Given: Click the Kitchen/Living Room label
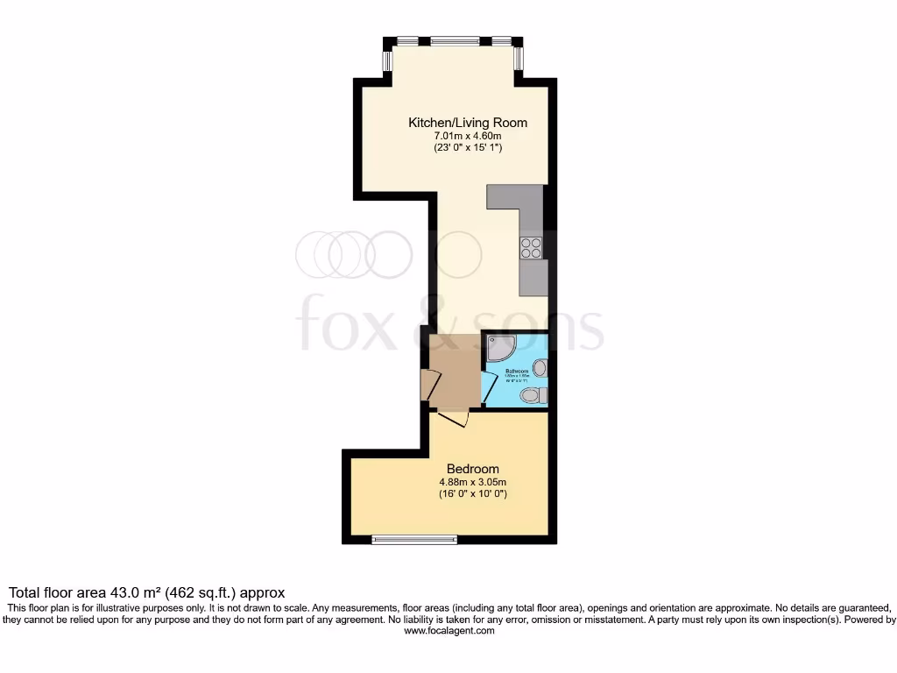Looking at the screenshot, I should point(468,123).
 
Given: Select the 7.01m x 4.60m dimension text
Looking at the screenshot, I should point(468,136).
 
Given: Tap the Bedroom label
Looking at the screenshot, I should point(473,468).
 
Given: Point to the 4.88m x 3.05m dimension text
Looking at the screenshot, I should point(473,481).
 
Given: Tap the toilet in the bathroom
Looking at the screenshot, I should point(531,397).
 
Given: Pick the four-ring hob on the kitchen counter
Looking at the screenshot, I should point(532,248).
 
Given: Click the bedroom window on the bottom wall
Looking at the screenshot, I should point(414,539).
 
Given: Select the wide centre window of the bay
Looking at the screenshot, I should point(454,40).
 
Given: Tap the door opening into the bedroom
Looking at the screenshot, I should point(454,419).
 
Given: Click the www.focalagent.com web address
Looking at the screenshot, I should point(448,631).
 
